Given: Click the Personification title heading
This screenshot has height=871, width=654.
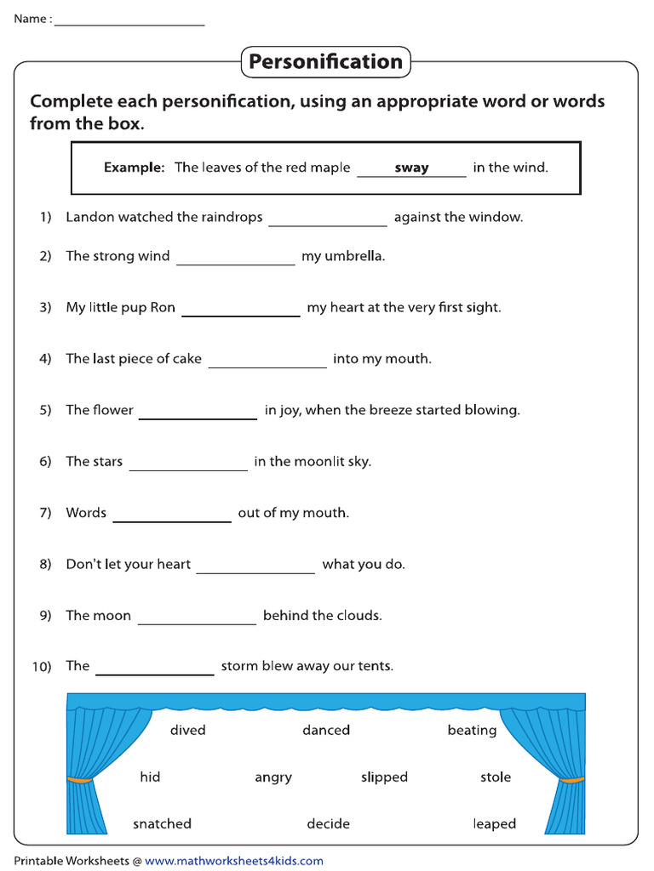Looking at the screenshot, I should coord(325,62).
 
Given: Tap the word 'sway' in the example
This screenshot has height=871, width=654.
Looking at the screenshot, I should coord(411,168).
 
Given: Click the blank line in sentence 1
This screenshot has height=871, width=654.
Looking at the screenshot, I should coord(328,219).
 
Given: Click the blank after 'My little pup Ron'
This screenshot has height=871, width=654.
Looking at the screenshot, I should coord(241,310).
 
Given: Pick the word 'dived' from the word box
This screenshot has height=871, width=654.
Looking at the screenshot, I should coord(187,730).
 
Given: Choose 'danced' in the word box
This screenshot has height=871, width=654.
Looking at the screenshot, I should coord(326,730).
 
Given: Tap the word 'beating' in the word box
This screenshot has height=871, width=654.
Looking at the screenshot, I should coord(472,731).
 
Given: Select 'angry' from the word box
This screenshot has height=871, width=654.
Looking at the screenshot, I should coord(273,777).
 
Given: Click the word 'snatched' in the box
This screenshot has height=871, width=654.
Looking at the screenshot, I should coord(162,823).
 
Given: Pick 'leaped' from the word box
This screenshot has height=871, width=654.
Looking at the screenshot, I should coord(495,823).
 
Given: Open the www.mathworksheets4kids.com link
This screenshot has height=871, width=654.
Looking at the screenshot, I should coord(234,861).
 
